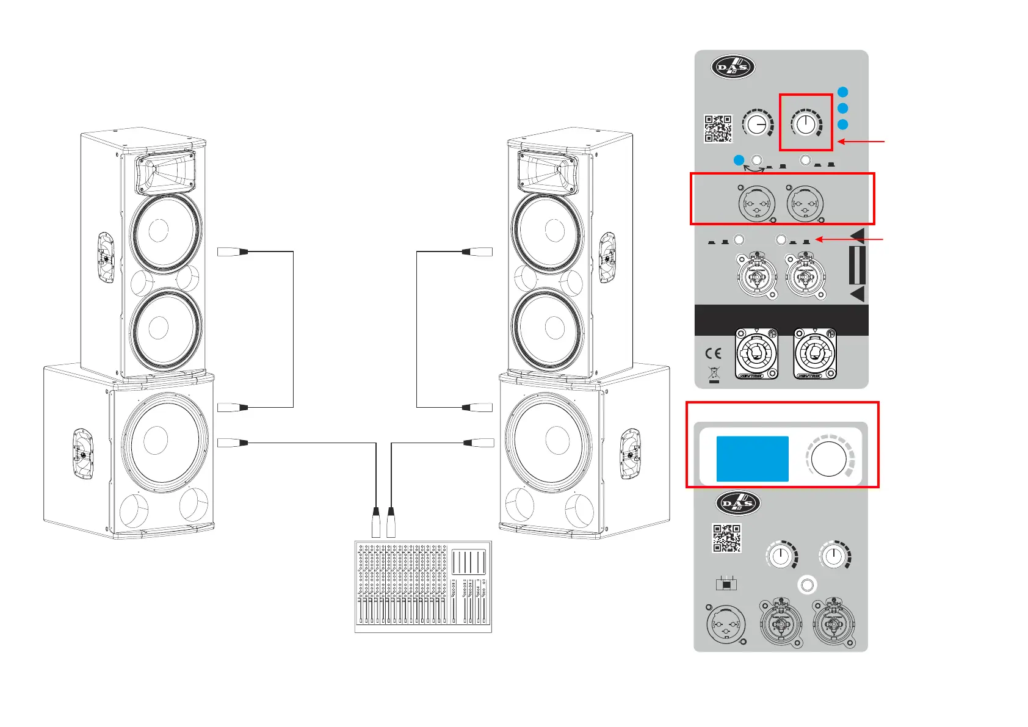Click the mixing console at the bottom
423,586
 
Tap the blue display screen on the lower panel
752,458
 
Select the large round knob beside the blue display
830,458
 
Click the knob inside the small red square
806,125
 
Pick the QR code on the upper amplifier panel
718,128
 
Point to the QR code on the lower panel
726,538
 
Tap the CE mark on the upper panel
713,353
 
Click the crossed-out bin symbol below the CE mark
714,374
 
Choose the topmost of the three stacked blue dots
842,92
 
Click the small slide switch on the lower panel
726,584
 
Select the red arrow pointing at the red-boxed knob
861,142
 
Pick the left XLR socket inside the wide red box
757,203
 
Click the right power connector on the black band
815,354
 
